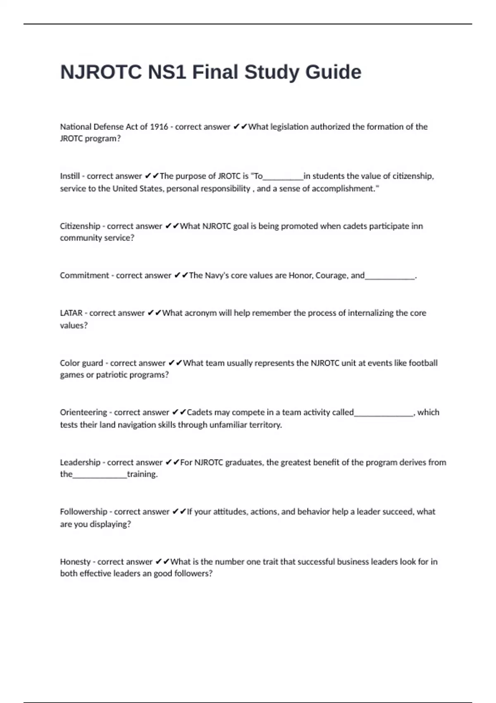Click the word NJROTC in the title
(101, 72)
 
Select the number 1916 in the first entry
(159, 127)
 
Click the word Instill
(70, 176)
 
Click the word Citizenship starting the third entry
(80, 226)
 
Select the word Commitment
(84, 275)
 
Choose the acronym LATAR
(71, 313)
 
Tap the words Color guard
(81, 363)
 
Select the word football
(423, 363)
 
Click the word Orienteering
(83, 412)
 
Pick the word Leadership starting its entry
(80, 462)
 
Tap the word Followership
(83, 512)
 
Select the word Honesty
(75, 562)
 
